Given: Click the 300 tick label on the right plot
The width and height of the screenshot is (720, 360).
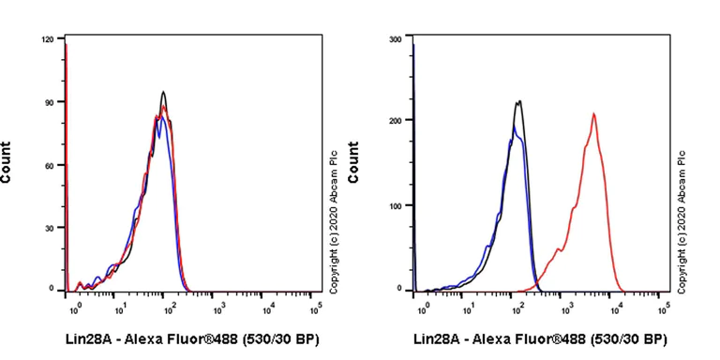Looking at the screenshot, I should click(x=395, y=39).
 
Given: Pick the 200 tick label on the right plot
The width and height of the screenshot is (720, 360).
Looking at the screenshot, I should click(x=395, y=121).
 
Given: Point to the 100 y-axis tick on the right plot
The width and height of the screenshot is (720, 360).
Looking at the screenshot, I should click(x=395, y=205).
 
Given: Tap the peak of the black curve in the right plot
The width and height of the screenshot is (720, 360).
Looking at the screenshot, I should click(x=518, y=101).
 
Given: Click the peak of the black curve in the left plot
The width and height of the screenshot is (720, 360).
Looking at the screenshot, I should click(x=164, y=92).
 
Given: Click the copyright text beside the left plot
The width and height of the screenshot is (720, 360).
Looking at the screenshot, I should click(x=333, y=210).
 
